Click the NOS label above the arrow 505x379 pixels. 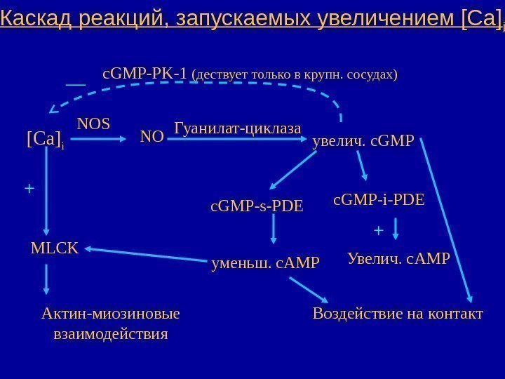point(93,124)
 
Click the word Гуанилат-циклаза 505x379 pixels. point(236,128)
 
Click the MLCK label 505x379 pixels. point(55,247)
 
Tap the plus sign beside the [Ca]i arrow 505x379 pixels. point(29,189)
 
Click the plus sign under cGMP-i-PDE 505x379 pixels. point(379,230)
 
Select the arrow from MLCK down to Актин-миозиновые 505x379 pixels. point(46,279)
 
